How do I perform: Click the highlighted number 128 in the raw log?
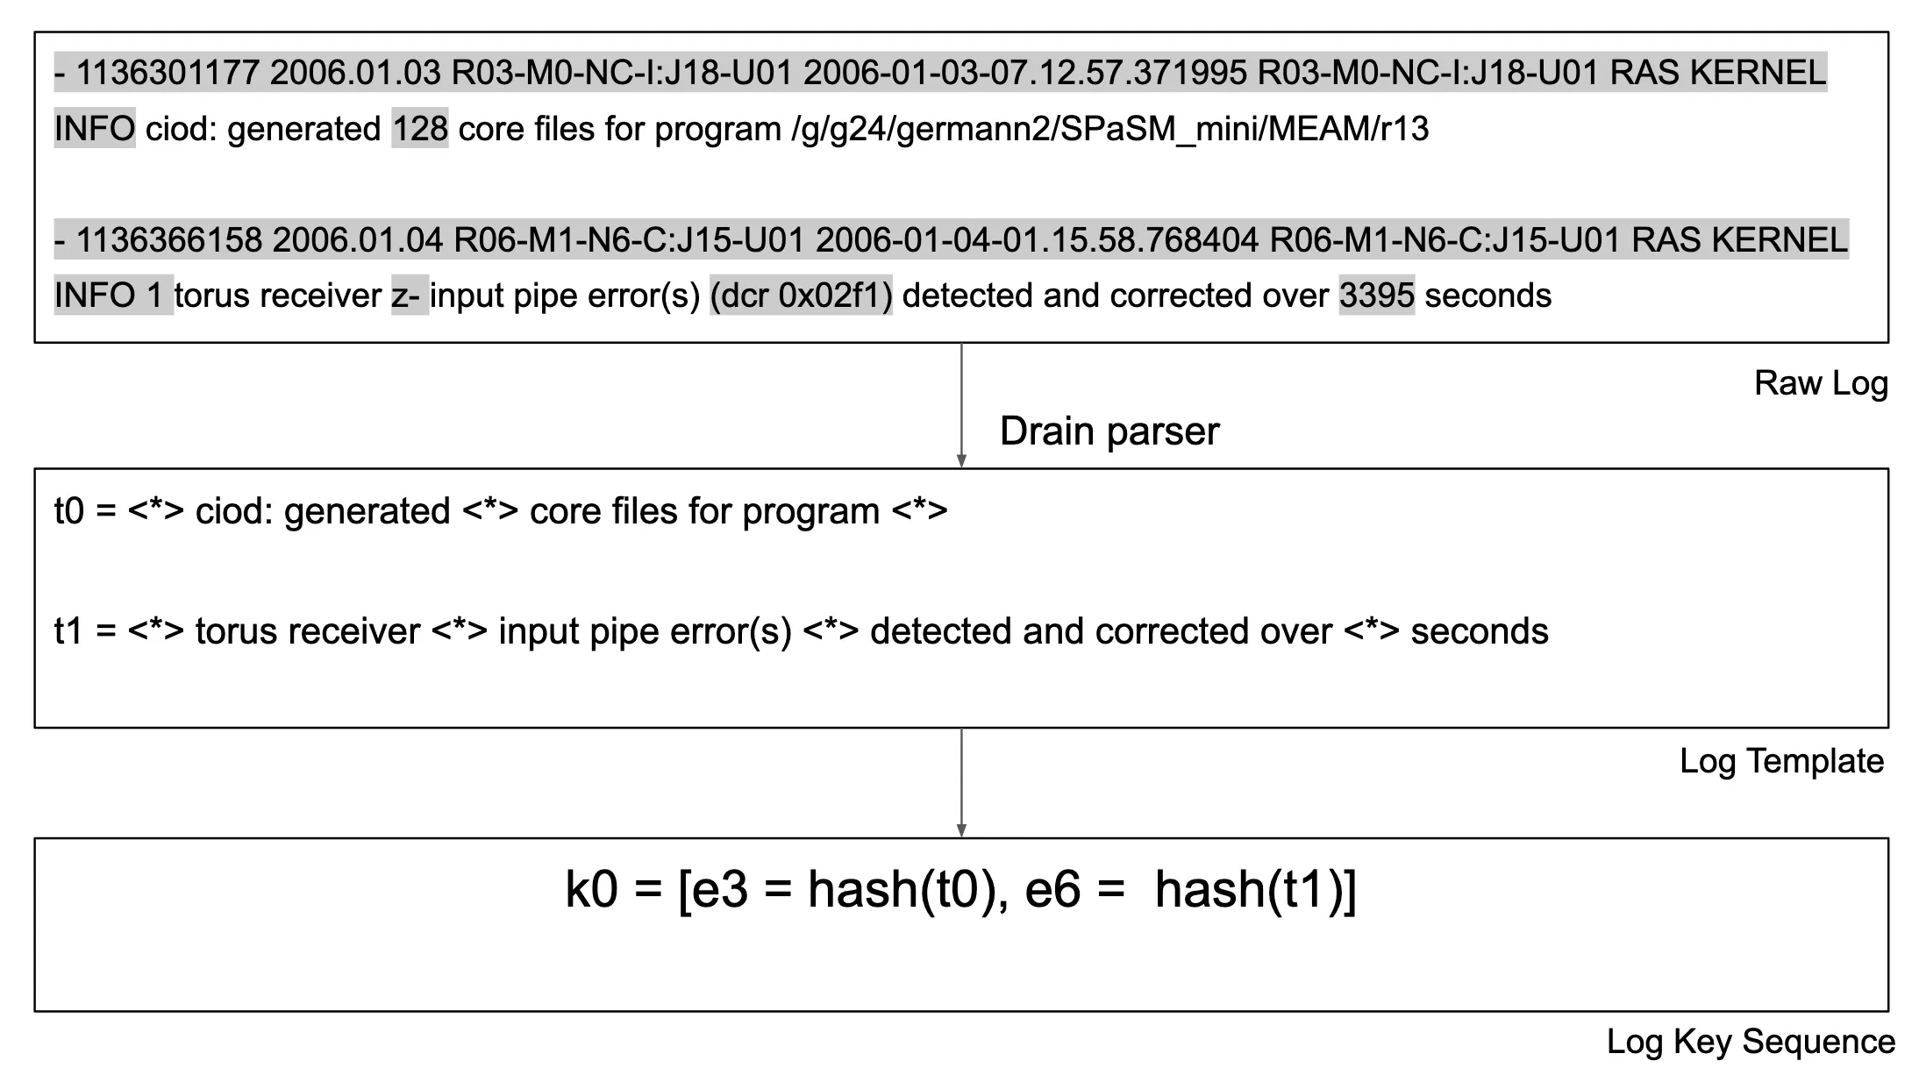[x=420, y=129]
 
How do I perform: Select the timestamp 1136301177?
[x=168, y=72]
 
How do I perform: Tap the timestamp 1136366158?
[x=169, y=239]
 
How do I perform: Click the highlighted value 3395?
[x=1377, y=295]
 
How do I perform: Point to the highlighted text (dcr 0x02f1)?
[x=801, y=295]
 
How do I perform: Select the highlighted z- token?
[x=410, y=295]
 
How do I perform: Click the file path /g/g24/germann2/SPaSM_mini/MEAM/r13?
[x=1110, y=130]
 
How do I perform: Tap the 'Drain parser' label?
[x=1109, y=431]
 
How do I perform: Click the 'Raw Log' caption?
[x=1821, y=383]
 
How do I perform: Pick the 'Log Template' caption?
[x=1781, y=761]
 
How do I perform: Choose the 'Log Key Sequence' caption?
[x=1751, y=1042]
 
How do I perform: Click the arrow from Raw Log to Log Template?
[x=961, y=405]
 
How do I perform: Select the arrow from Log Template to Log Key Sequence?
[x=961, y=783]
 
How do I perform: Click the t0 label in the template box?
[x=69, y=511]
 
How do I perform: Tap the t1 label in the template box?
[x=68, y=631]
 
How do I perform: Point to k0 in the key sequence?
[x=592, y=889]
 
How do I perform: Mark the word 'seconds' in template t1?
[x=1480, y=631]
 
